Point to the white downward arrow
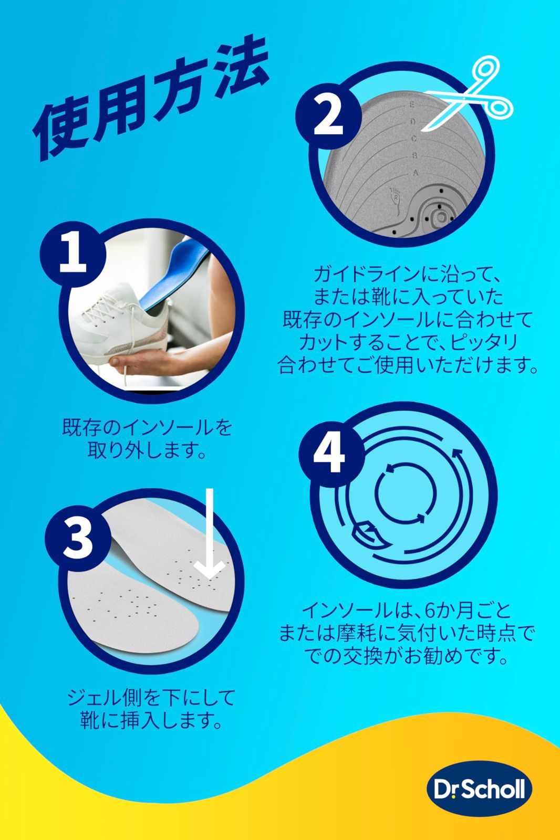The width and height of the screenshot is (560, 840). pyautogui.click(x=210, y=535)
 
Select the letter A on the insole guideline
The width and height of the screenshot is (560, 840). pyautogui.click(x=415, y=173)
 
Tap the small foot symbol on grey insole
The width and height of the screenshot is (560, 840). pyautogui.click(x=395, y=198)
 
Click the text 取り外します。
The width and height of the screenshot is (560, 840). pyautogui.click(x=147, y=450)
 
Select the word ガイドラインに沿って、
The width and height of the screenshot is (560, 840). pyautogui.click(x=408, y=274)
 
